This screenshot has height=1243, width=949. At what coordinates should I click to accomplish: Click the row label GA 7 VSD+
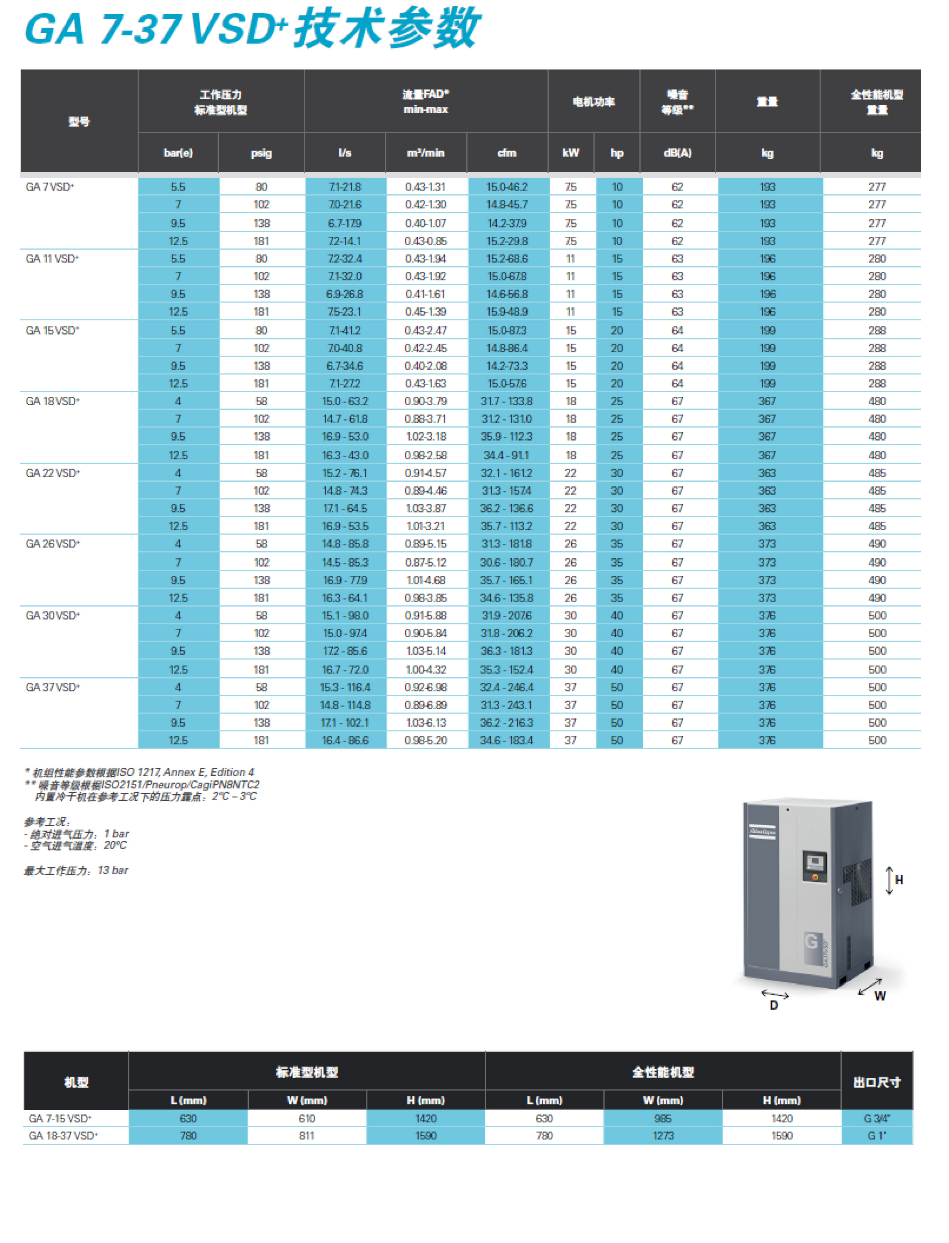click(50, 187)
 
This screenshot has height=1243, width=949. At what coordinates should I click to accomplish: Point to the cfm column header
click(507, 153)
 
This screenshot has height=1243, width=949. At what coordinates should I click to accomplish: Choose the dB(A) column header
click(677, 153)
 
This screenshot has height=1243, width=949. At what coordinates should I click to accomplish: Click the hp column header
click(617, 153)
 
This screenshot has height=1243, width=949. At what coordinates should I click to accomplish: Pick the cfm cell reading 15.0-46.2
click(507, 187)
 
